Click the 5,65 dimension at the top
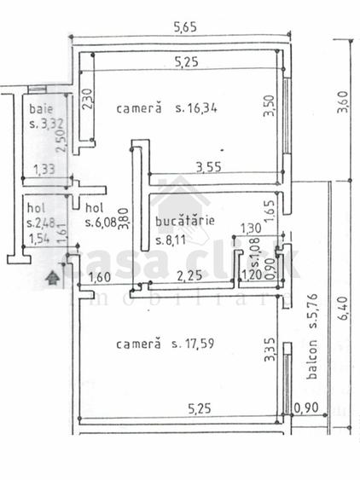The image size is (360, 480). coord(185,27)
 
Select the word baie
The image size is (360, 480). coord(39,109)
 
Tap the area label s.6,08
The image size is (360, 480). coord(102,223)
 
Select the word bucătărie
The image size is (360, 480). coord(184,223)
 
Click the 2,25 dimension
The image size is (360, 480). coord(189,275)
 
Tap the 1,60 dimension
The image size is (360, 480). coord(99,275)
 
